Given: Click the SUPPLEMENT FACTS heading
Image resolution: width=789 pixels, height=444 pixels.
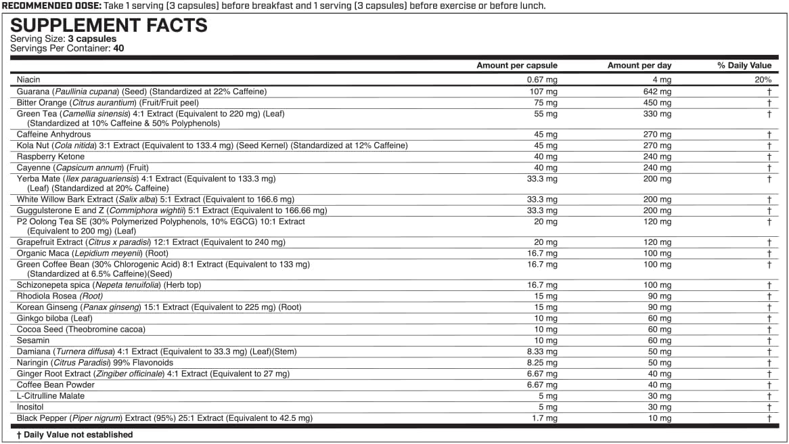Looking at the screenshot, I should point(108,26).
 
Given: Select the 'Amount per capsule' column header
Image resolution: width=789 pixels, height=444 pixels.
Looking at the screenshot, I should point(517,66).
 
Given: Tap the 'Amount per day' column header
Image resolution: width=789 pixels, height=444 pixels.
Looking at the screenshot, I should point(639,66).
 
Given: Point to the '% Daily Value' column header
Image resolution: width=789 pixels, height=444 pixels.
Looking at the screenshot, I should point(744,66).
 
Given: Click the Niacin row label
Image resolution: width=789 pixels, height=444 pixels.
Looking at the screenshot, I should point(28,80).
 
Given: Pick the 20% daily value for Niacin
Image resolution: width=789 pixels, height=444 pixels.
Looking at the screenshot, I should point(763,80).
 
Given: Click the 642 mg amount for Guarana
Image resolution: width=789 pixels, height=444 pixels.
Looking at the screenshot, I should point(657,91).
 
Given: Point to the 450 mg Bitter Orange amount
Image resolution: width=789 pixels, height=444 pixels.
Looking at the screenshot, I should point(657,103).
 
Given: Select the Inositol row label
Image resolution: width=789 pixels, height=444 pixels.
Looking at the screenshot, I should point(30,407).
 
